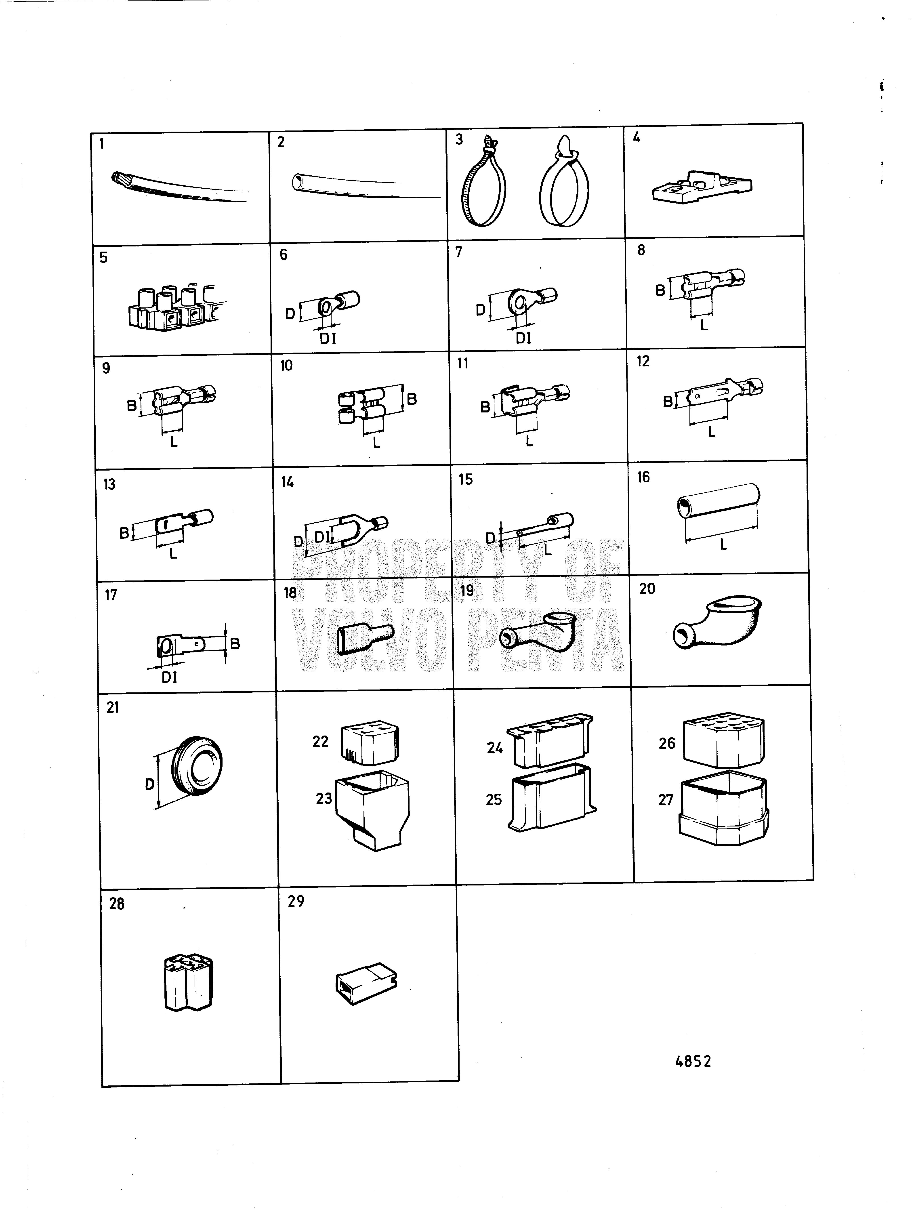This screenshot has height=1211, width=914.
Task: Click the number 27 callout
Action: [x=666, y=800]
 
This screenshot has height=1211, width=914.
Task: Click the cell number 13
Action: [x=109, y=484]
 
